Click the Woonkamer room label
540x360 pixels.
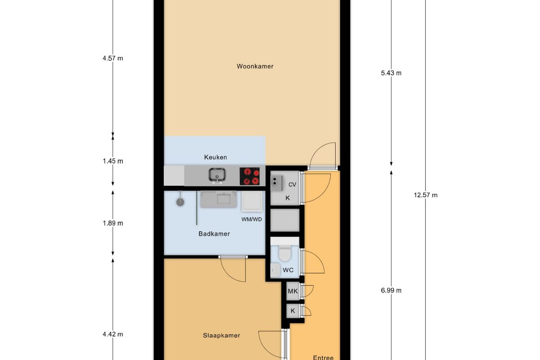tap(255, 66)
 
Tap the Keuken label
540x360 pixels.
tap(216, 157)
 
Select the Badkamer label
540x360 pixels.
tap(214, 234)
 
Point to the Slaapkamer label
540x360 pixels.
tap(221, 335)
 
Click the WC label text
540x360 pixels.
tap(288, 270)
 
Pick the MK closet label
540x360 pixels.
tap(292, 291)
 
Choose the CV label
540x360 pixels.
tap(292, 184)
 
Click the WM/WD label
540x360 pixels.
tap(252, 220)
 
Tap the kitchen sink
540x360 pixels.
tap(217, 175)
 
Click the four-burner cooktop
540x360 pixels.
tap(250, 176)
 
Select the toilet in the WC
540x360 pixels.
tap(285, 253)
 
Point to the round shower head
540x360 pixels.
tap(180, 202)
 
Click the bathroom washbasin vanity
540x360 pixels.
tap(218, 199)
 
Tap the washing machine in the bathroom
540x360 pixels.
tap(252, 202)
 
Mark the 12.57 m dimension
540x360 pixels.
tap(426, 195)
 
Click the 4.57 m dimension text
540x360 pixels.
tap(113, 58)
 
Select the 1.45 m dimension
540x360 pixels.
tap(113, 161)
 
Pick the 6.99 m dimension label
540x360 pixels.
tap(391, 291)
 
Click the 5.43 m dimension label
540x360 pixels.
tap(391, 73)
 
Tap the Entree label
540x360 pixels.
tap(323, 357)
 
